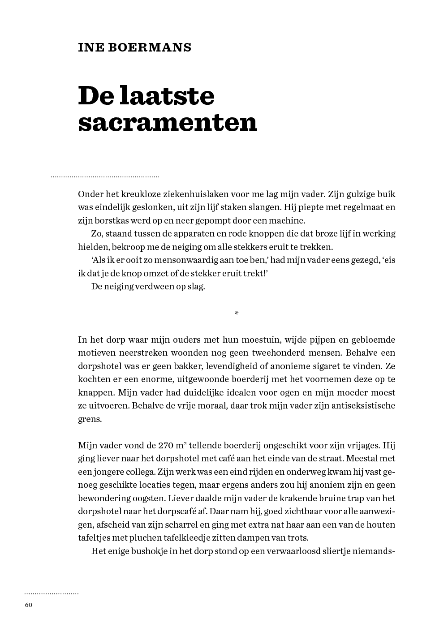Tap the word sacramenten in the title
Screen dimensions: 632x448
[x=168, y=122]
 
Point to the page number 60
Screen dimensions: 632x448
[x=29, y=605]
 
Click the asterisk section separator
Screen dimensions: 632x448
[x=237, y=314]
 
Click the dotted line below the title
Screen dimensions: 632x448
[x=105, y=177]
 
